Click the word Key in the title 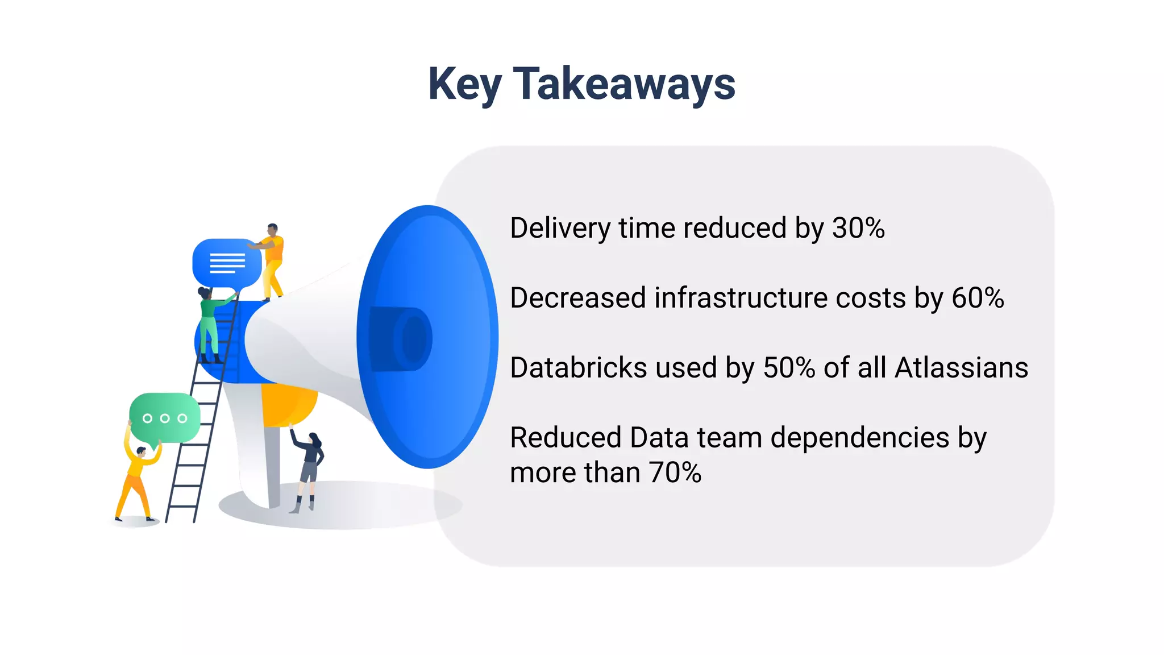pos(464,84)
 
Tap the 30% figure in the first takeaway pos(858,228)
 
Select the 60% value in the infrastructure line pos(978,298)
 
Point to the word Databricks pos(578,368)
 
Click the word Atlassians pos(961,368)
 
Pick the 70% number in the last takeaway pos(675,472)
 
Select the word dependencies pos(860,438)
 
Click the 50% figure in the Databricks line pos(789,368)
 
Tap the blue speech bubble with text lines pos(227,263)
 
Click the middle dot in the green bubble pos(165,418)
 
